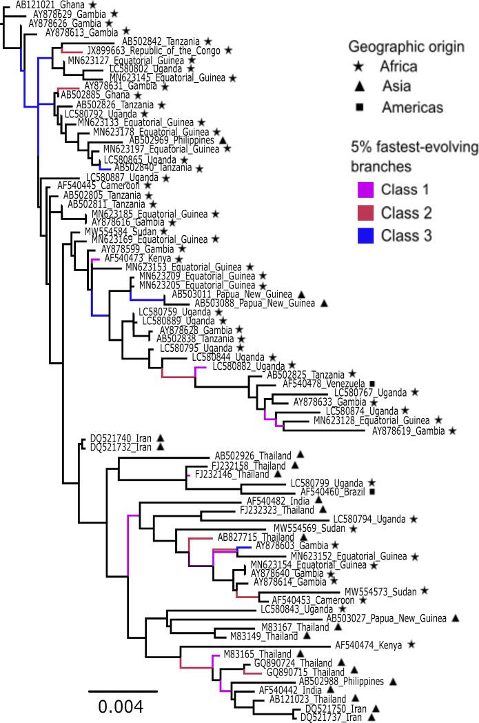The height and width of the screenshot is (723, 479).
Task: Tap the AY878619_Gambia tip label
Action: [x=408, y=430]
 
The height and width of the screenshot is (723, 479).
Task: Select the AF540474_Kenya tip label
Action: [x=368, y=644]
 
